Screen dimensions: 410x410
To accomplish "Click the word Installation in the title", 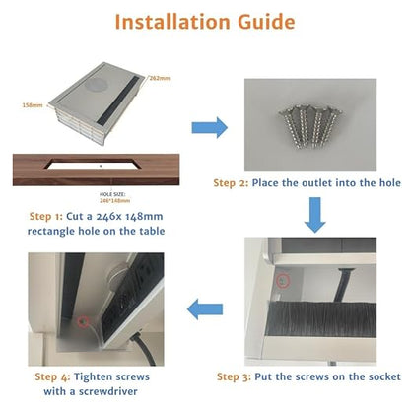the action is (172, 22).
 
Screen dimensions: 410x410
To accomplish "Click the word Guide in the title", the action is (266, 22).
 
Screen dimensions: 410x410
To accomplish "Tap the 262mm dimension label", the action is (160, 78).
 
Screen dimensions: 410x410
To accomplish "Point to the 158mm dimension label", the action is (33, 105).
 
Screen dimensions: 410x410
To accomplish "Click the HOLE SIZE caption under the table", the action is (112, 194).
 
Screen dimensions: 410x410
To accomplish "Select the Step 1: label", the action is (45, 217).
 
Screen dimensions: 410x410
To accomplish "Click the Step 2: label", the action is (231, 183).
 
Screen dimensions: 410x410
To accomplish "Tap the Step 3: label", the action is (235, 376).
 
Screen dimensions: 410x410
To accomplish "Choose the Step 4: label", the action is (52, 376).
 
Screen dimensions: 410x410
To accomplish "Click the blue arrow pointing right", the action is (209, 127).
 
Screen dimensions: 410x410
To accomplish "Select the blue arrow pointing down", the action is (315, 215).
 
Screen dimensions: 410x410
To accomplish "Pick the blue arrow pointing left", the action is (205, 309).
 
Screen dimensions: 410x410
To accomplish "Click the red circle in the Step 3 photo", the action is (283, 281).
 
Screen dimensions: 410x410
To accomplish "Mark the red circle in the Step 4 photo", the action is (83, 322).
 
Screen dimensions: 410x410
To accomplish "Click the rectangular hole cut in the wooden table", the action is (94, 164).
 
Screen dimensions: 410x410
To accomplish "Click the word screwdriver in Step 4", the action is (107, 391).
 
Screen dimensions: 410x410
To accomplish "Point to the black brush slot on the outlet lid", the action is (119, 101).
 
